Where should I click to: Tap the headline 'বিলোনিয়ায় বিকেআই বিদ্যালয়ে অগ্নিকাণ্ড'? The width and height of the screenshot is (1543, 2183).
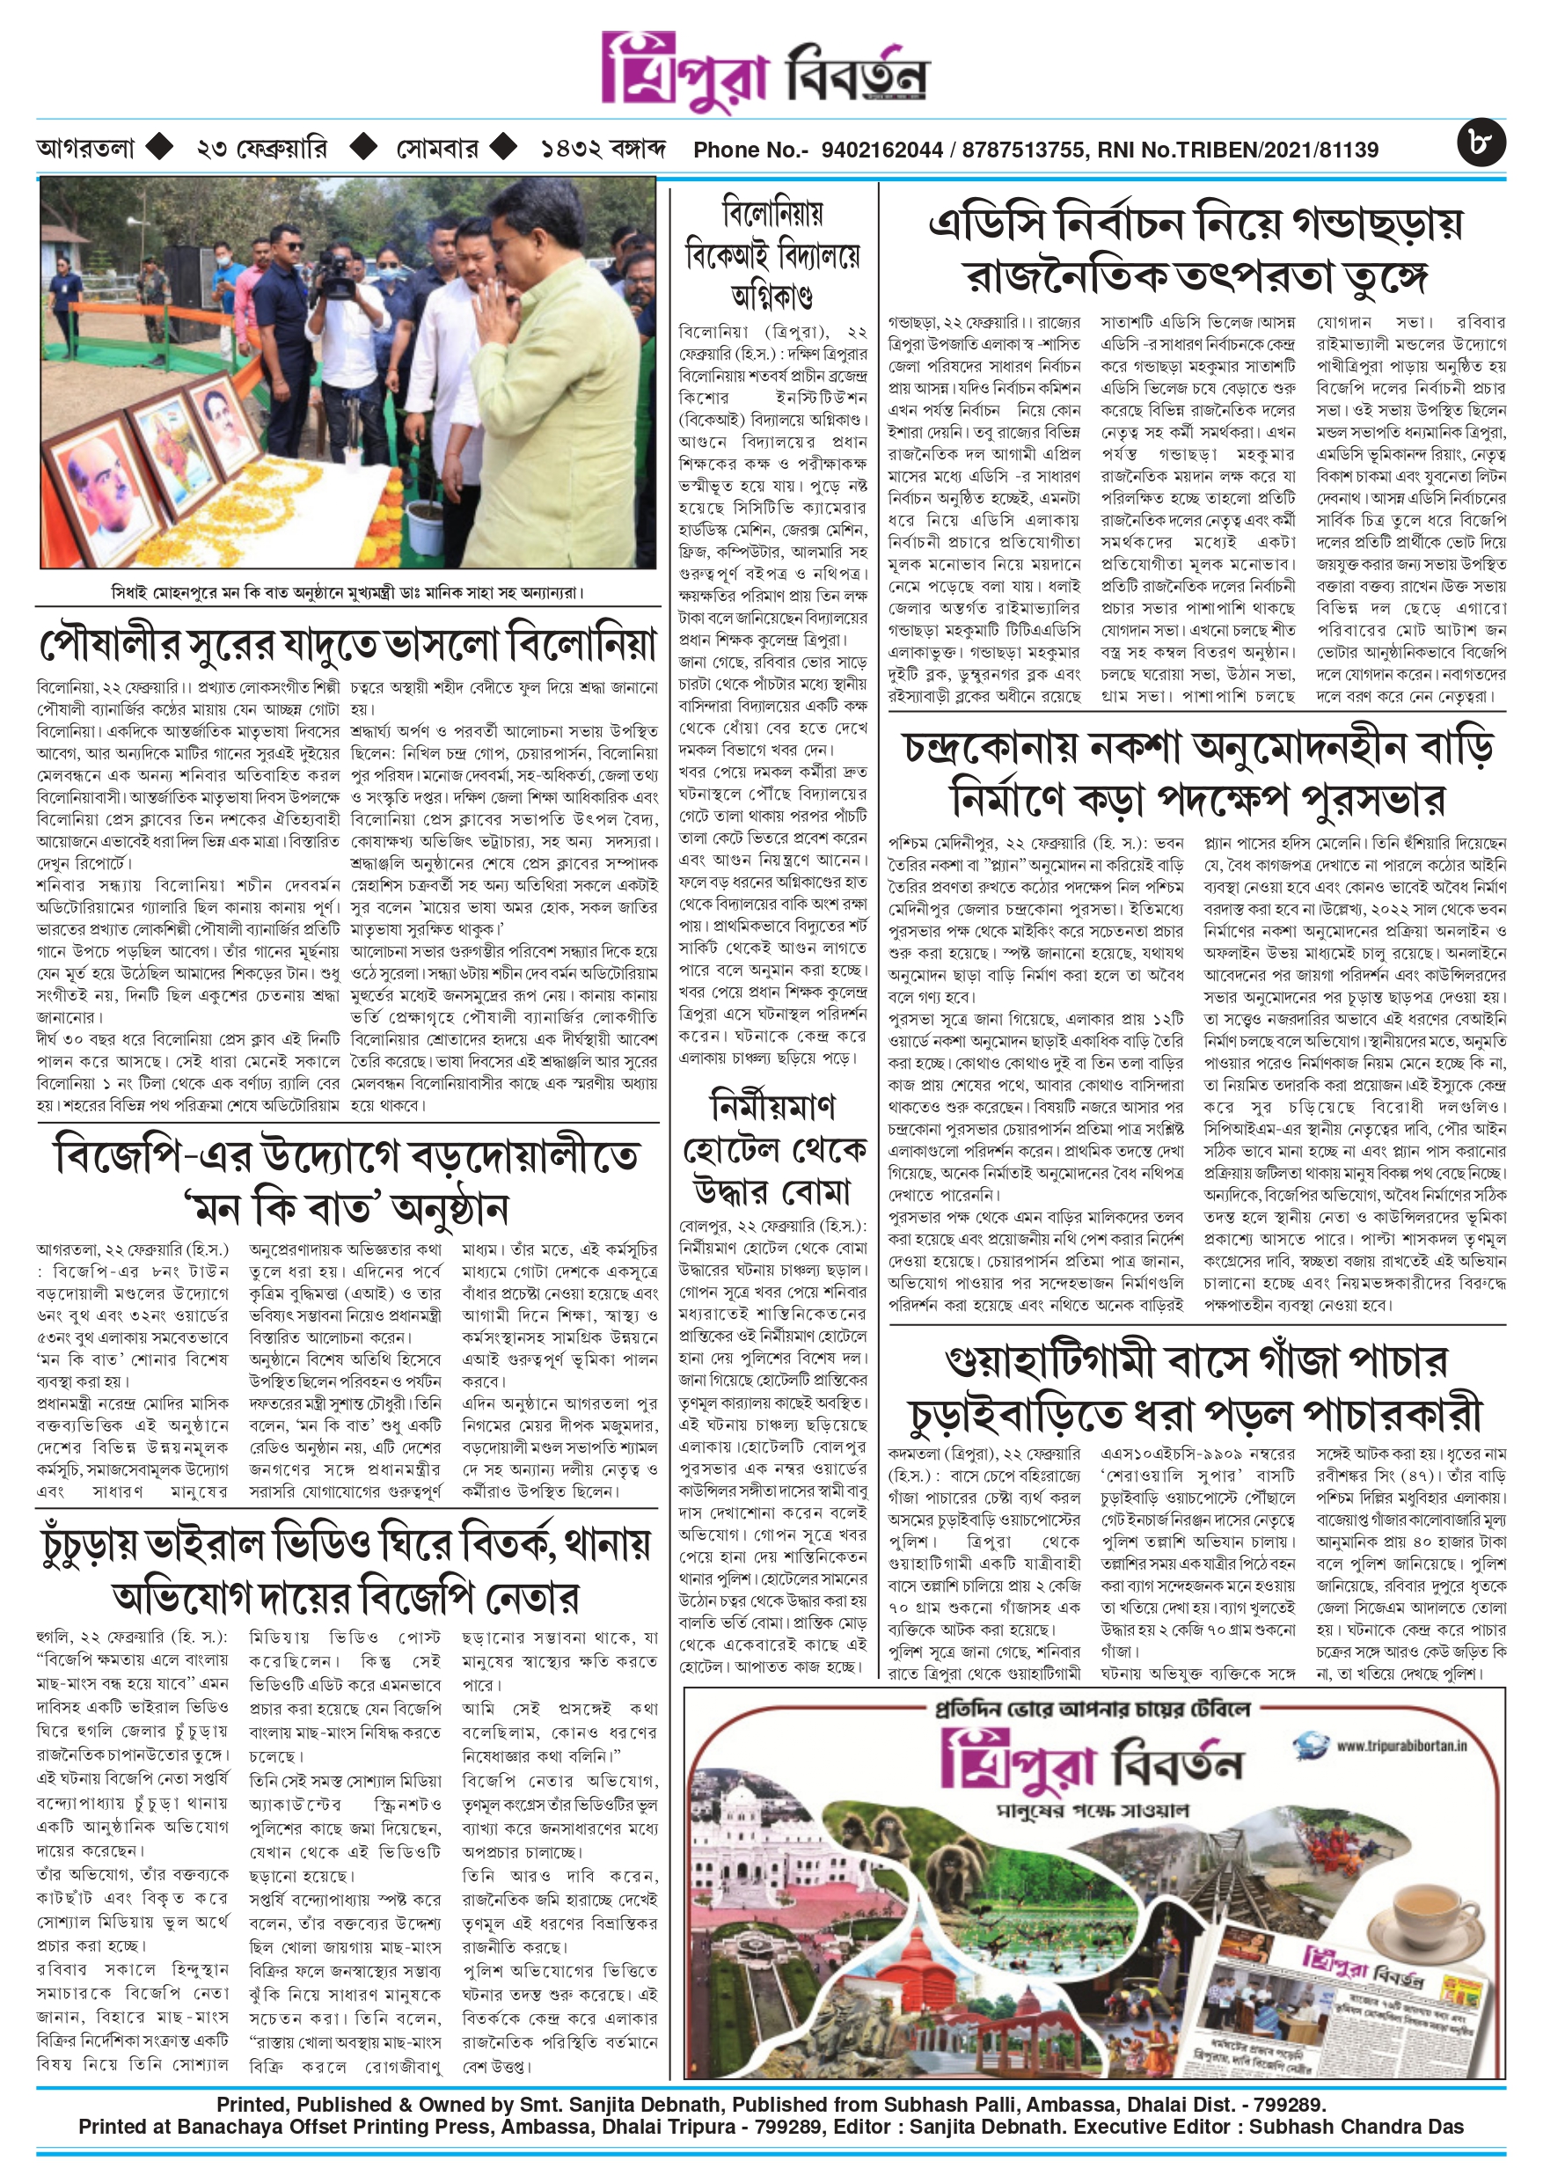772,251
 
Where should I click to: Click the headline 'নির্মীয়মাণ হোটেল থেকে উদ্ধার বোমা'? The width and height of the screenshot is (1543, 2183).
772,1148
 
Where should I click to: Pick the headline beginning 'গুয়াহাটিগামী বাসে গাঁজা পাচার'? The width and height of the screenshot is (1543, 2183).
1196,1388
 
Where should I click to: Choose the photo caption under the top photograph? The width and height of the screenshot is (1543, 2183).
346,591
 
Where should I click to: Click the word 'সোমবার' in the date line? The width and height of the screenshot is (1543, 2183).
436,150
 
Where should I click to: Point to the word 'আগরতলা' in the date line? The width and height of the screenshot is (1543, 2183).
85,150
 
